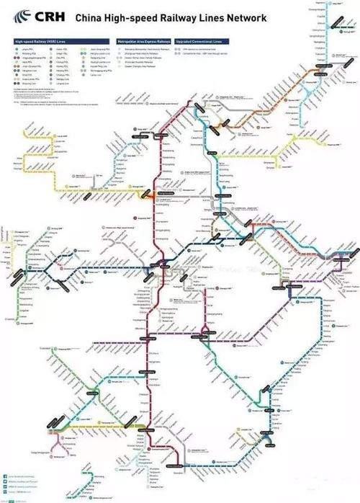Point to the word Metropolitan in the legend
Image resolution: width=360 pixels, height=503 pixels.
tap(125, 43)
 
